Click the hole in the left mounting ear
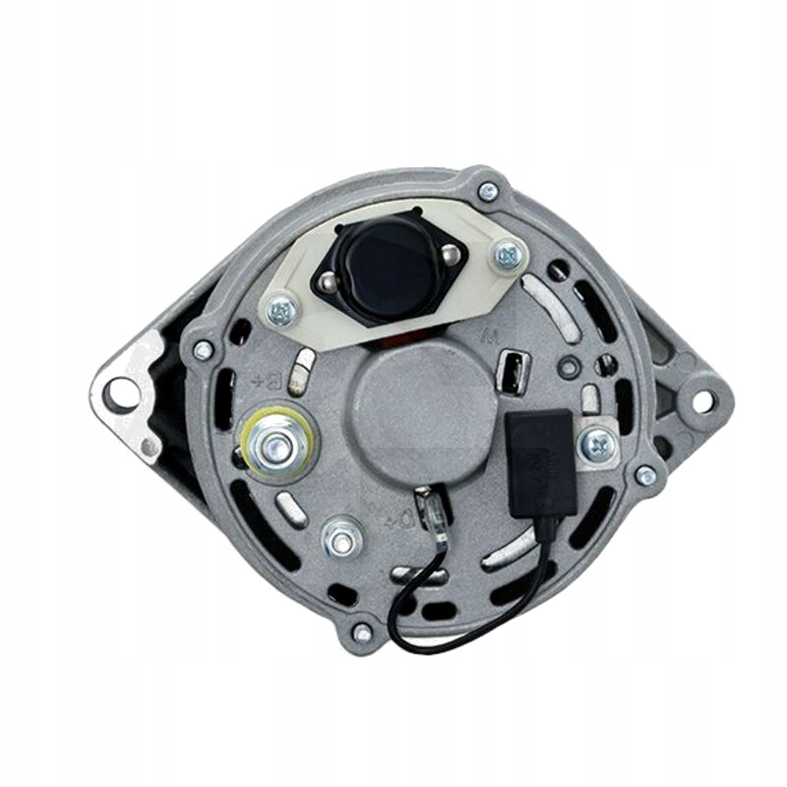[x=121, y=394]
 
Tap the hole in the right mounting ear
[x=702, y=401]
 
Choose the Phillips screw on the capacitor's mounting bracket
[x=598, y=445]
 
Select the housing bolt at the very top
[x=488, y=192]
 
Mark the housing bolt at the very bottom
[x=362, y=633]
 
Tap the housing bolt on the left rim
[x=204, y=349]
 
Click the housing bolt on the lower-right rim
[x=644, y=475]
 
